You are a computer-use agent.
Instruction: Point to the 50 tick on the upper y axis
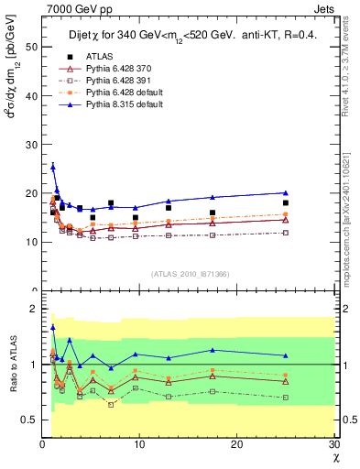click(x=31, y=45)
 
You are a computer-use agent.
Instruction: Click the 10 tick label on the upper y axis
click(x=31, y=242)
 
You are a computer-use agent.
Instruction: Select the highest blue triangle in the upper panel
click(x=53, y=167)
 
